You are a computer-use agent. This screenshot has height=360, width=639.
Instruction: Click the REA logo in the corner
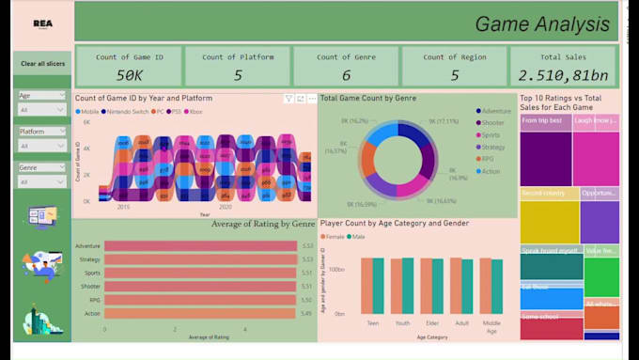pyautogui.click(x=42, y=25)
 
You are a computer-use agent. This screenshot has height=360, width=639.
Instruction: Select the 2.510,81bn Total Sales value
pyautogui.click(x=563, y=74)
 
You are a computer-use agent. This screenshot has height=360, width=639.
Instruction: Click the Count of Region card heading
pyautogui.click(x=454, y=57)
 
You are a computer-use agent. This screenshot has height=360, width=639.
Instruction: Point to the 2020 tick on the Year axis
pyautogui.click(x=226, y=206)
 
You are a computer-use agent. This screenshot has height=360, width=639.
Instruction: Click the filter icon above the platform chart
pyautogui.click(x=288, y=98)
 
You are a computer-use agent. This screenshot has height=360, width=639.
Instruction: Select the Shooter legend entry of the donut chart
pyautogui.click(x=492, y=122)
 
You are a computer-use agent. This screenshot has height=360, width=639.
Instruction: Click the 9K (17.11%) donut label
pyautogui.click(x=444, y=121)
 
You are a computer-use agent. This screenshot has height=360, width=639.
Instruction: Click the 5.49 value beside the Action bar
pyautogui.click(x=307, y=314)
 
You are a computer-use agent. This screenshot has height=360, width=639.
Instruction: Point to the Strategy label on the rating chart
pyautogui.click(x=90, y=259)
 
